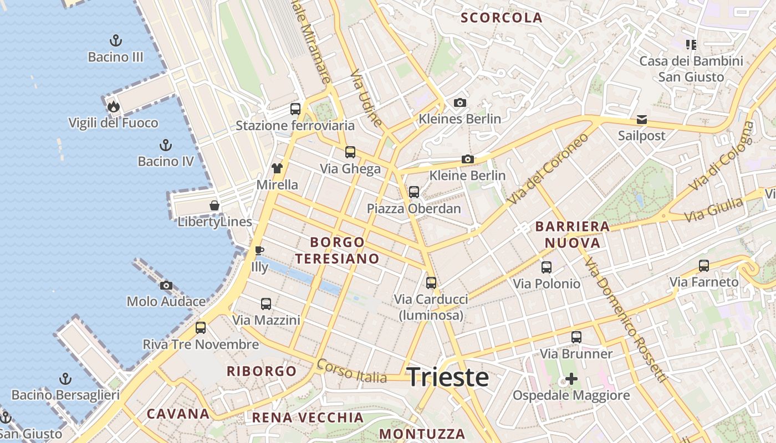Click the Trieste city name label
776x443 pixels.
pos(448,378)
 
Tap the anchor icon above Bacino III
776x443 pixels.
pos(116,40)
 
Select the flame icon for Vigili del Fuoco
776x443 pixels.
pos(114,106)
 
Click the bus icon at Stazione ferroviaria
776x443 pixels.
pos(295,109)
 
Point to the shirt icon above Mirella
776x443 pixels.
pos(277,168)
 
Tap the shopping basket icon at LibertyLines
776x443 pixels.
pos(215,206)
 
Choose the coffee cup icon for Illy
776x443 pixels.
pos(259,250)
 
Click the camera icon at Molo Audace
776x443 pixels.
pos(166,286)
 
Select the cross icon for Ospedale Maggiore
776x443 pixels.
pos(571,379)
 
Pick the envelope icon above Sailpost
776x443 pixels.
pos(642,119)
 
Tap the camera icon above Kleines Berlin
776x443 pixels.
pos(460,102)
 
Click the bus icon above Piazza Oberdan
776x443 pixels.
pos(414,192)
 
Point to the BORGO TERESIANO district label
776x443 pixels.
pos(337,250)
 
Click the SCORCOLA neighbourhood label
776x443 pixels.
pos(502,18)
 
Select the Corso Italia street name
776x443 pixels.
pos(351,372)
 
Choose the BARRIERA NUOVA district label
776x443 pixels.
pos(573,234)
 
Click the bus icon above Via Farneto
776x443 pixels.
pos(704,266)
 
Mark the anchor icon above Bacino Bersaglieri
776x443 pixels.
pos(65,379)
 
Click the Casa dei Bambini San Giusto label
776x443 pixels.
pos(691,69)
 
